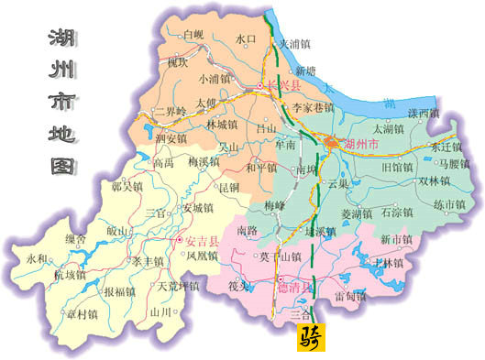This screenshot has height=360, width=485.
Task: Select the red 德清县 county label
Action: click(x=295, y=287)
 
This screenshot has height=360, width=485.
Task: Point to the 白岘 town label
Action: click(x=193, y=35)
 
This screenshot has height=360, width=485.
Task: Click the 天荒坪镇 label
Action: click(x=180, y=287)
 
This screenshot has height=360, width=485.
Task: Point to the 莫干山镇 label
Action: click(x=281, y=256)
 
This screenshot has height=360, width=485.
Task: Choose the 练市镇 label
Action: click(x=451, y=204)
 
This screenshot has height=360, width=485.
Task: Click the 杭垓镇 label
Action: click(x=70, y=274)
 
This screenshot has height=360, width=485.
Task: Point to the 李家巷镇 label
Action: click(x=312, y=107)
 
